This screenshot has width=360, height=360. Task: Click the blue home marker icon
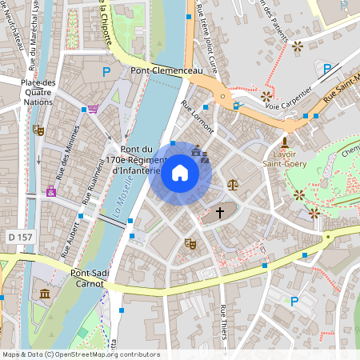click(179, 173)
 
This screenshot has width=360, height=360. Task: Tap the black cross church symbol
click(220, 214)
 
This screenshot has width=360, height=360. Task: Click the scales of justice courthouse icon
click(232, 184)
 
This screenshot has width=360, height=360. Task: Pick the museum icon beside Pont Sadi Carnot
click(43, 295)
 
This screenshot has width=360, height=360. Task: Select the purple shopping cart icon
click(94, 109)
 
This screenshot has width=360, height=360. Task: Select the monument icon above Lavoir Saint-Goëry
click(284, 142)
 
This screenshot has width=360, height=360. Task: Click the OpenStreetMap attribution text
click(80, 354)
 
